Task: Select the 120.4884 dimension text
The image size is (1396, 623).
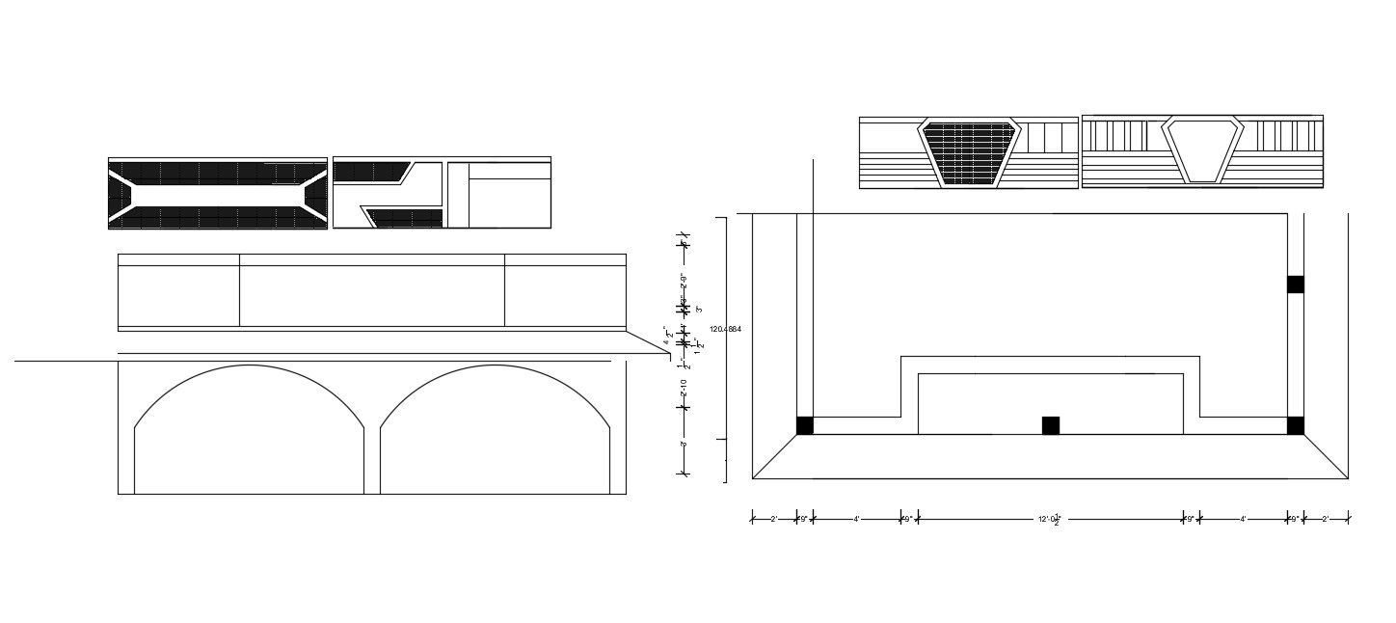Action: [x=725, y=330]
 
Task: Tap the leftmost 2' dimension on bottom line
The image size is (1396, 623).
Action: [x=773, y=519]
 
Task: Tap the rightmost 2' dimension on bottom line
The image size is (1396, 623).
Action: [x=1325, y=519]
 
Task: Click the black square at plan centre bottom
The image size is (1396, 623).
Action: [x=1051, y=425]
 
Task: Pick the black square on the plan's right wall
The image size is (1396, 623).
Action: [x=1296, y=284]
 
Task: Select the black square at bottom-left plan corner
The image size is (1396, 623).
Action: [x=805, y=425]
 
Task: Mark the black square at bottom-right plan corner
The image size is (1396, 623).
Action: [x=1296, y=425]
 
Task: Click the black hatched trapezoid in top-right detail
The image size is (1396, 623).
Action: [x=969, y=152]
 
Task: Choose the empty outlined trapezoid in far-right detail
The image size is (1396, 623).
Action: [x=1201, y=149]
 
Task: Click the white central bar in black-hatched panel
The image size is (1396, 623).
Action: [x=217, y=194]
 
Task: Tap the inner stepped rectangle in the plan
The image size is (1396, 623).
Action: [x=1050, y=403]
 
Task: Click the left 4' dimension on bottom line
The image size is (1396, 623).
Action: [x=856, y=519]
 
